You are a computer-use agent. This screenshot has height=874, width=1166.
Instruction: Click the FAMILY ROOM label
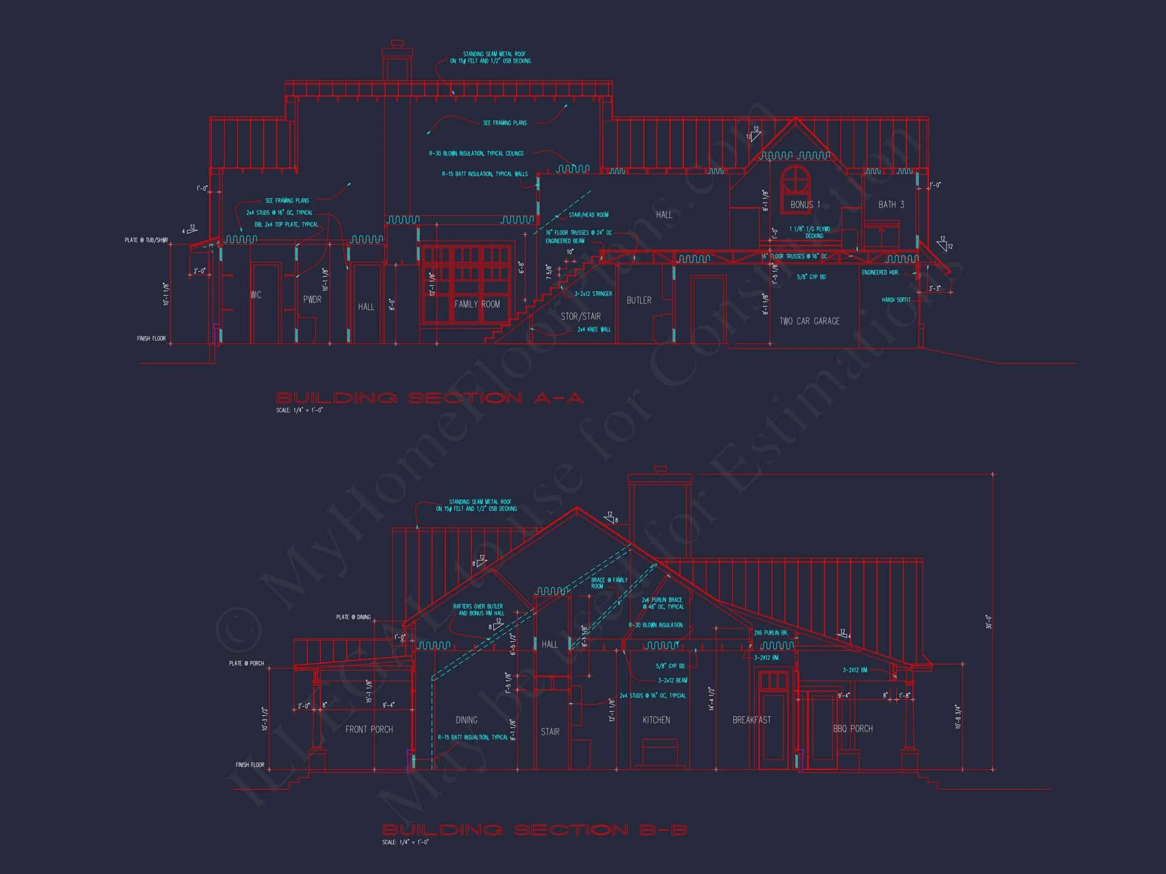pyautogui.click(x=477, y=304)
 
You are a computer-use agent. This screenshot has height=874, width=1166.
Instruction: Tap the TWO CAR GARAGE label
pyautogui.click(x=809, y=321)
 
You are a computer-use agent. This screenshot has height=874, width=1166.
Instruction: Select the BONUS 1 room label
pyautogui.click(x=805, y=204)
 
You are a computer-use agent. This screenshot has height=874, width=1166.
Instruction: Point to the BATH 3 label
pyautogui.click(x=891, y=204)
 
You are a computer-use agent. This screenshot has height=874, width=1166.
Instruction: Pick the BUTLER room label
pyautogui.click(x=639, y=300)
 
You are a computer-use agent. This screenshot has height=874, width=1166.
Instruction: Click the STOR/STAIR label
pyautogui.click(x=580, y=316)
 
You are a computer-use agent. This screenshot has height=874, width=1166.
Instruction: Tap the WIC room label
pyautogui.click(x=256, y=295)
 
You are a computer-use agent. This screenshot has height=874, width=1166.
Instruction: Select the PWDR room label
pyautogui.click(x=312, y=299)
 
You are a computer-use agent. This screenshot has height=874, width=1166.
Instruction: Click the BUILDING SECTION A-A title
pyautogui.click(x=430, y=398)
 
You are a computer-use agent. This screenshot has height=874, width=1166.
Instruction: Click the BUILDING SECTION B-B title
pyautogui.click(x=534, y=831)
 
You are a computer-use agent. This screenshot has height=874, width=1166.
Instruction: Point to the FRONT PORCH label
pyautogui.click(x=369, y=729)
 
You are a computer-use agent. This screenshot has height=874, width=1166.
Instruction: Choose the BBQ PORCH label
pyautogui.click(x=852, y=729)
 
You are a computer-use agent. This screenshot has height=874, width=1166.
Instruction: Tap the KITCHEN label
pyautogui.click(x=656, y=720)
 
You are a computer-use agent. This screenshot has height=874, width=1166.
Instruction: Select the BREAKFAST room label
pyautogui.click(x=751, y=720)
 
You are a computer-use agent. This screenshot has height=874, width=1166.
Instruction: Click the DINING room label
pyautogui.click(x=467, y=720)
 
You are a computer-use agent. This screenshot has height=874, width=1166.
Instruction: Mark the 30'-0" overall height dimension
pyautogui.click(x=989, y=622)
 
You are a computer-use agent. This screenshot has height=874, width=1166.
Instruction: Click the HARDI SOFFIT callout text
pyautogui.click(x=896, y=300)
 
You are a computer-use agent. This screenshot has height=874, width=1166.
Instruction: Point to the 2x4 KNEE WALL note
pyautogui.click(x=594, y=330)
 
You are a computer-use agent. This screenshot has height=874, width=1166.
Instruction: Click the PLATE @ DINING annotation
pyautogui.click(x=353, y=617)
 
